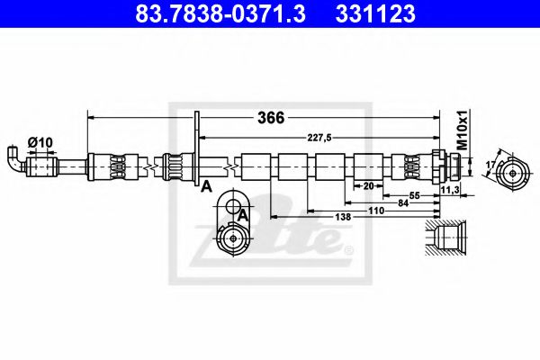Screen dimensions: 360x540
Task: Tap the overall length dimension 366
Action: click(x=271, y=118)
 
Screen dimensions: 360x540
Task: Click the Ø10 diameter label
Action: click(x=39, y=141)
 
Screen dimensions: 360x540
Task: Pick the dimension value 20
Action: click(x=367, y=185)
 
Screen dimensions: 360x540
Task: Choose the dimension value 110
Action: click(x=375, y=210)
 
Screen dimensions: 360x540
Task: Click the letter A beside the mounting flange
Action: click(x=206, y=186)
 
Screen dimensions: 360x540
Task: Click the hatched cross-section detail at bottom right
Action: click(x=446, y=239)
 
